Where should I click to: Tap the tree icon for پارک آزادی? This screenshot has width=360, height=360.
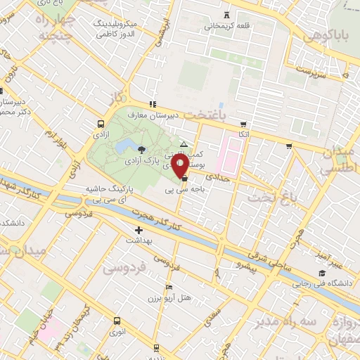click(x=143, y=149)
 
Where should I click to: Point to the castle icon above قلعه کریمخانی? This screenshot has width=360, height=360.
click(x=226, y=15)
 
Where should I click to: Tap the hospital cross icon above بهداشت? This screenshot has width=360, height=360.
click(x=139, y=229)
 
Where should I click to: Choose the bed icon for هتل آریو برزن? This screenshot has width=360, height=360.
click(x=168, y=288)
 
